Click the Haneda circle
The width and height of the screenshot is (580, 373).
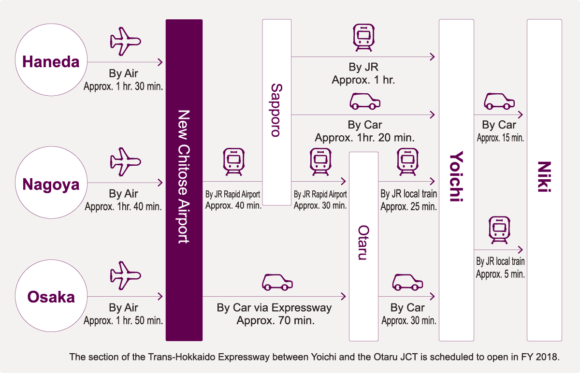[51, 62]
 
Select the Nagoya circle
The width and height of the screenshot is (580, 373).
[51, 184]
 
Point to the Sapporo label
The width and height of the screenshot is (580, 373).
[276, 110]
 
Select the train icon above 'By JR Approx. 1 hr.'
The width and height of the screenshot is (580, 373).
[363, 38]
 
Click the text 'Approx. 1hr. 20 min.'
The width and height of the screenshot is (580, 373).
[364, 137]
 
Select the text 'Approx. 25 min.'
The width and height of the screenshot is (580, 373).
[408, 207]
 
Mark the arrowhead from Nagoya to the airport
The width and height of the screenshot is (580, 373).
[160, 183]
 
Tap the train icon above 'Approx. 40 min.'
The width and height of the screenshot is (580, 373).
[233, 162]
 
